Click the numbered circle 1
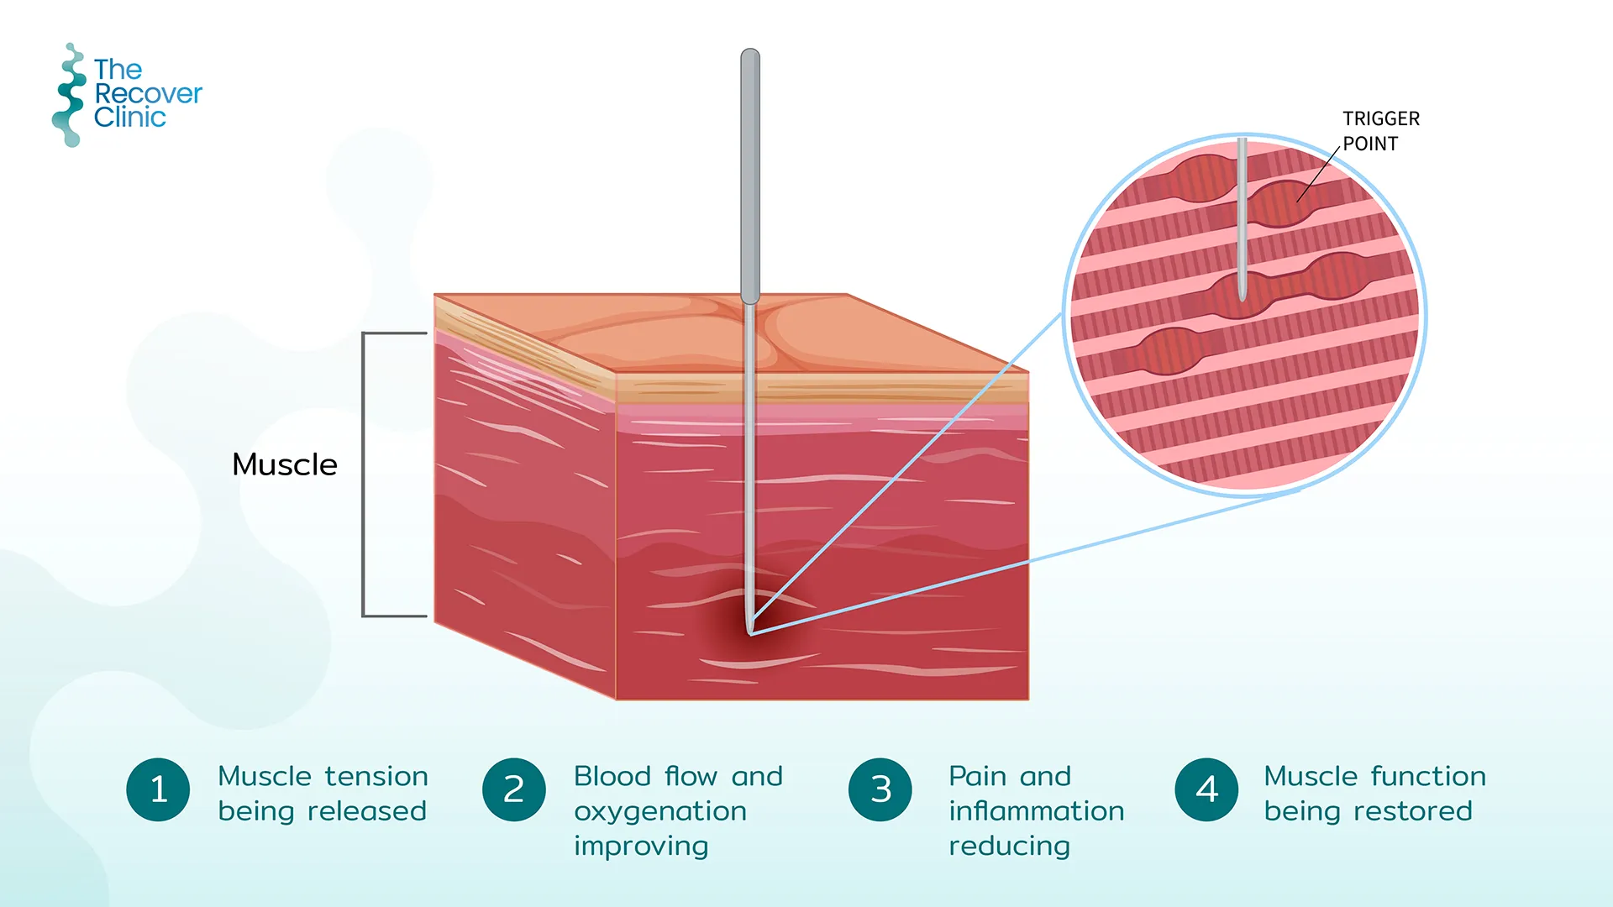tap(158, 789)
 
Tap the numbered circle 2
tap(514, 789)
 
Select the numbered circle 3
tap(880, 789)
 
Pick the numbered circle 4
tap(1206, 789)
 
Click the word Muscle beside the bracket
tap(285, 464)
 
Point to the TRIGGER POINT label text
tap(1380, 131)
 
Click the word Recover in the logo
tap(149, 93)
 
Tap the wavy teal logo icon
tap(70, 95)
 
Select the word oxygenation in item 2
tap(660, 811)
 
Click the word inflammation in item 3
tap(1036, 811)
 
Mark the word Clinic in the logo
tap(130, 118)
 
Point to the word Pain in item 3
tap(976, 776)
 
